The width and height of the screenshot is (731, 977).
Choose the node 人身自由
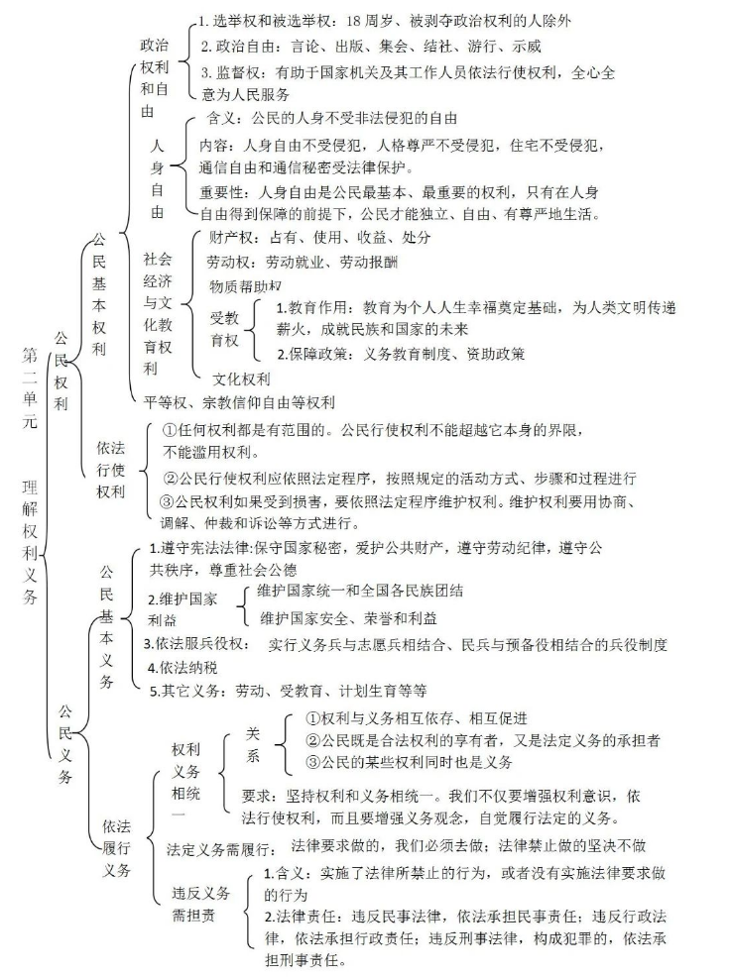click(157, 178)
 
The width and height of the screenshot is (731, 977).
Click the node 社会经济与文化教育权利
click(158, 313)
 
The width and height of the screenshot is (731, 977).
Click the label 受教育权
click(225, 330)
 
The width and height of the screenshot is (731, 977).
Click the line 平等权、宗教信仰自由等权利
click(239, 402)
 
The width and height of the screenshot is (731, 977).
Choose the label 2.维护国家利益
click(188, 609)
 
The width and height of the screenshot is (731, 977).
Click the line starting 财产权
click(320, 239)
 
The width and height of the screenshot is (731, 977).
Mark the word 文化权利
click(241, 379)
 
